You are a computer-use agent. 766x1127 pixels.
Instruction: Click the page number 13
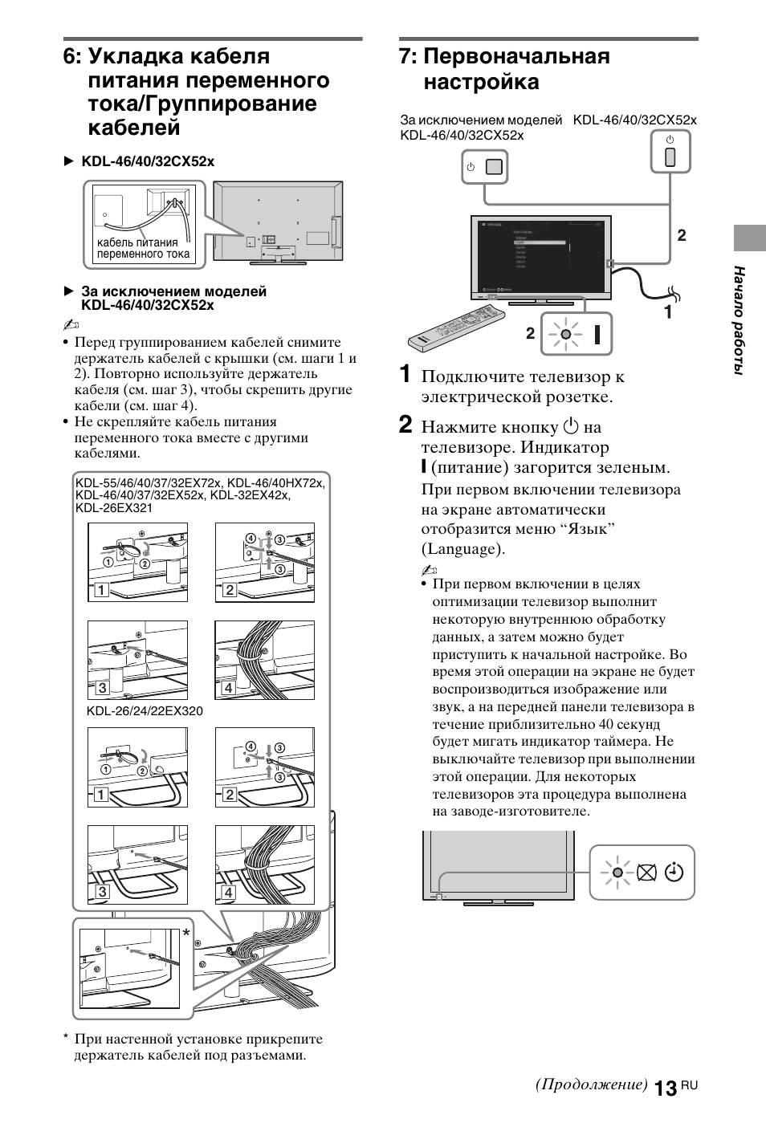click(x=664, y=1088)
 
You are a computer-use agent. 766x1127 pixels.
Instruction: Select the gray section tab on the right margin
click(x=748, y=238)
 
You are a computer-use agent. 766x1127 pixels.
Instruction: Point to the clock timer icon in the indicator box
click(x=674, y=873)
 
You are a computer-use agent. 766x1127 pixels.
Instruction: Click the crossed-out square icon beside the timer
click(x=646, y=873)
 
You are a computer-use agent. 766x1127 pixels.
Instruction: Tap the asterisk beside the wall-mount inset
click(x=186, y=934)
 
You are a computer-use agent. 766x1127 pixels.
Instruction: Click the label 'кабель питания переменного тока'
click(x=144, y=248)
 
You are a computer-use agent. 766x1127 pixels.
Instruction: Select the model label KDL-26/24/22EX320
click(x=145, y=711)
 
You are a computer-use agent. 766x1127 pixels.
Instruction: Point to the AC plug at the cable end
click(x=673, y=294)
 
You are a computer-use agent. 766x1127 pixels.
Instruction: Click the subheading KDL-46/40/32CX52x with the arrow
click(x=148, y=161)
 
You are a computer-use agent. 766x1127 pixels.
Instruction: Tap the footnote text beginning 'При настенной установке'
click(x=198, y=1047)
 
